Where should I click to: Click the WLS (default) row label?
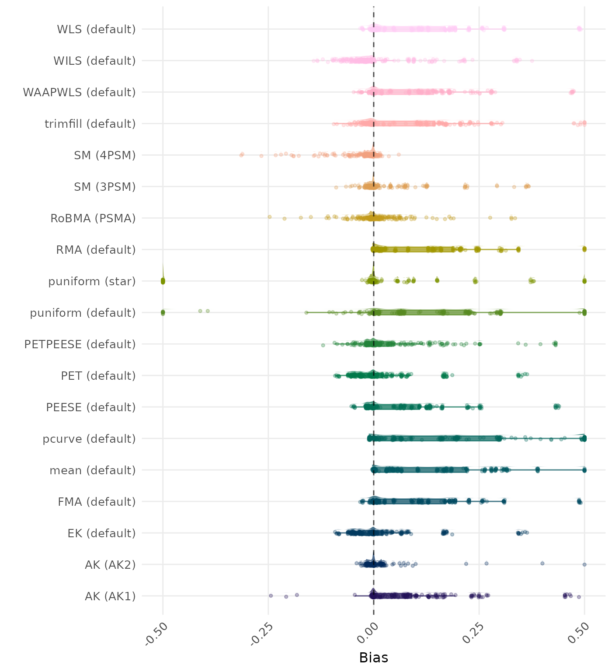tap(96, 29)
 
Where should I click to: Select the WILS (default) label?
tap(94, 61)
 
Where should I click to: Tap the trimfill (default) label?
tap(90, 124)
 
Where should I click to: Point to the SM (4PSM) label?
tap(105, 155)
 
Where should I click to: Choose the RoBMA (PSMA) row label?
tap(93, 218)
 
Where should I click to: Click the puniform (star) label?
tap(92, 281)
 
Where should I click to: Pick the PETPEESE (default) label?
tap(80, 344)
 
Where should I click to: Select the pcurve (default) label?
tap(89, 439)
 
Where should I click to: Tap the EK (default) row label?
tap(101, 533)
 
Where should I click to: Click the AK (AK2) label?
tap(110, 565)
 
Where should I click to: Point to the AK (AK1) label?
tap(110, 596)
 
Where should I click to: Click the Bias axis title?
tap(373, 658)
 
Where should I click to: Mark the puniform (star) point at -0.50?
tap(163, 281)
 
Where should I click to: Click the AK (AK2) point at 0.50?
tap(584, 564)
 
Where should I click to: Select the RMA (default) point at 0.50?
tap(584, 249)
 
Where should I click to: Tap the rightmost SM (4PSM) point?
tap(398, 154)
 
